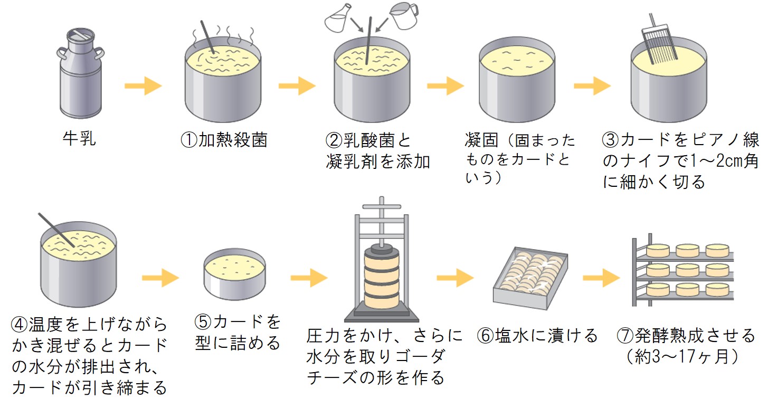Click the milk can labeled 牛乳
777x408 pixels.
80,73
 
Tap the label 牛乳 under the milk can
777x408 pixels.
79,138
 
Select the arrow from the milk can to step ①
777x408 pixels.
143,86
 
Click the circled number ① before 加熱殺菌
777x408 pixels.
189,140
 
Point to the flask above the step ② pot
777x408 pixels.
338,18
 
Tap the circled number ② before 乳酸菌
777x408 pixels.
334,141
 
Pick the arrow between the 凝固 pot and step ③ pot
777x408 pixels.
592,86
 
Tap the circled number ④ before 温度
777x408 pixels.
19,325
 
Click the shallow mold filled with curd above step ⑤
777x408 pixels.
234,274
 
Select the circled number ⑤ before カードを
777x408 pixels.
203,321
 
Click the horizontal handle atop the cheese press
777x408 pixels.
382,206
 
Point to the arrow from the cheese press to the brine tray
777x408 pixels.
455,278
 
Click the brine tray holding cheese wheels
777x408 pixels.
530,278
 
